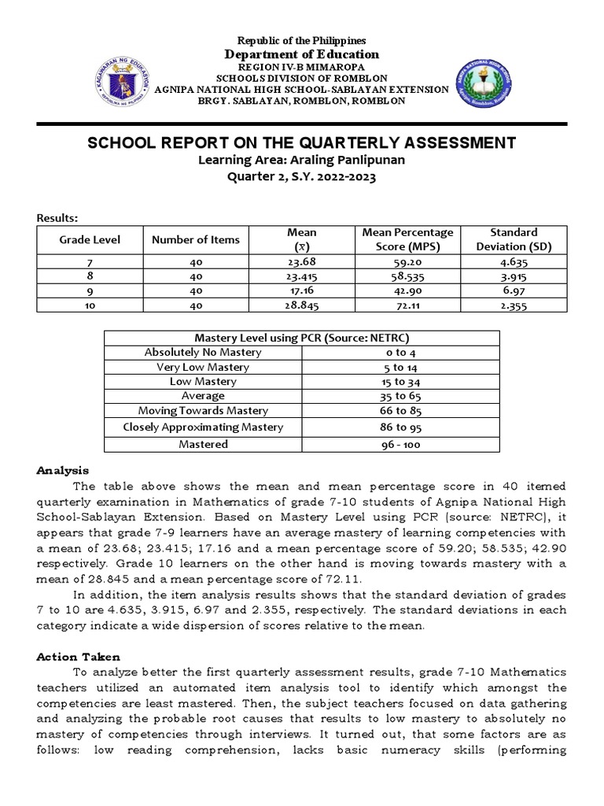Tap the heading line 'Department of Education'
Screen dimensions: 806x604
[x=302, y=54]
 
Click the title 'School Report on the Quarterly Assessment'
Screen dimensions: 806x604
[x=302, y=142]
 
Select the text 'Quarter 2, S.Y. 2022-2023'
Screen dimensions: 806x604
[x=302, y=177]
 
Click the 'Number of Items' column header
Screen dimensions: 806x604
[x=195, y=239]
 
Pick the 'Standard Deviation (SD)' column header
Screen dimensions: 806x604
[x=513, y=239]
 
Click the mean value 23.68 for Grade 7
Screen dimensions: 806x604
[x=301, y=261]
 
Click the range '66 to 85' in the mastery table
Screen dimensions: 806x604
[x=400, y=411]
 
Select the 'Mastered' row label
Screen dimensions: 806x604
[x=203, y=444]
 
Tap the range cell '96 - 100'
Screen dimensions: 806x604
[x=400, y=445]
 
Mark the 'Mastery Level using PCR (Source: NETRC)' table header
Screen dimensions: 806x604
[x=302, y=338]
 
